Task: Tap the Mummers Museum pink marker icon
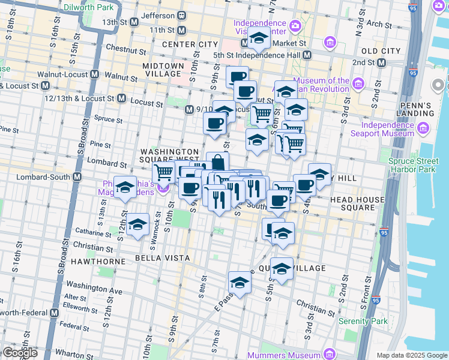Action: pyautogui.click(x=328, y=353)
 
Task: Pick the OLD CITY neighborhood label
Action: pyautogui.click(x=382, y=51)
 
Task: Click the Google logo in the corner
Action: pyautogui.click(x=20, y=353)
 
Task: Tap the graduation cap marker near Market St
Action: pyautogui.click(x=259, y=40)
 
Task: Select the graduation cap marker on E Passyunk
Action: pyautogui.click(x=240, y=282)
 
